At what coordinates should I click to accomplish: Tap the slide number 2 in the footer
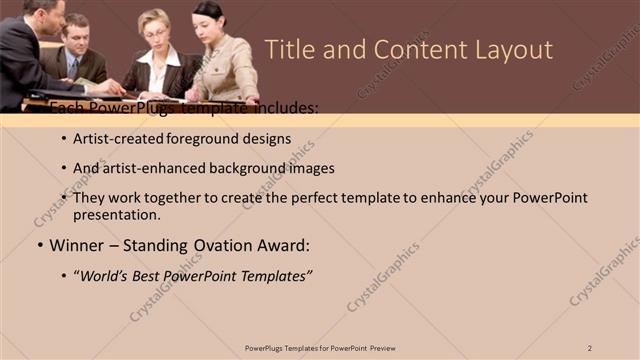pos(590,348)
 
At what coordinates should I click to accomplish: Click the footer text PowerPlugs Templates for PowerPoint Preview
pos(319,348)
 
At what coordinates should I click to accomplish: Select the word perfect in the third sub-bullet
pos(316,198)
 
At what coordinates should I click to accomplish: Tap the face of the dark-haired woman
pos(210,18)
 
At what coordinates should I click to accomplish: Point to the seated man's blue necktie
pos(72,68)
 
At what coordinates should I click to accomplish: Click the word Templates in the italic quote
pos(279,274)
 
